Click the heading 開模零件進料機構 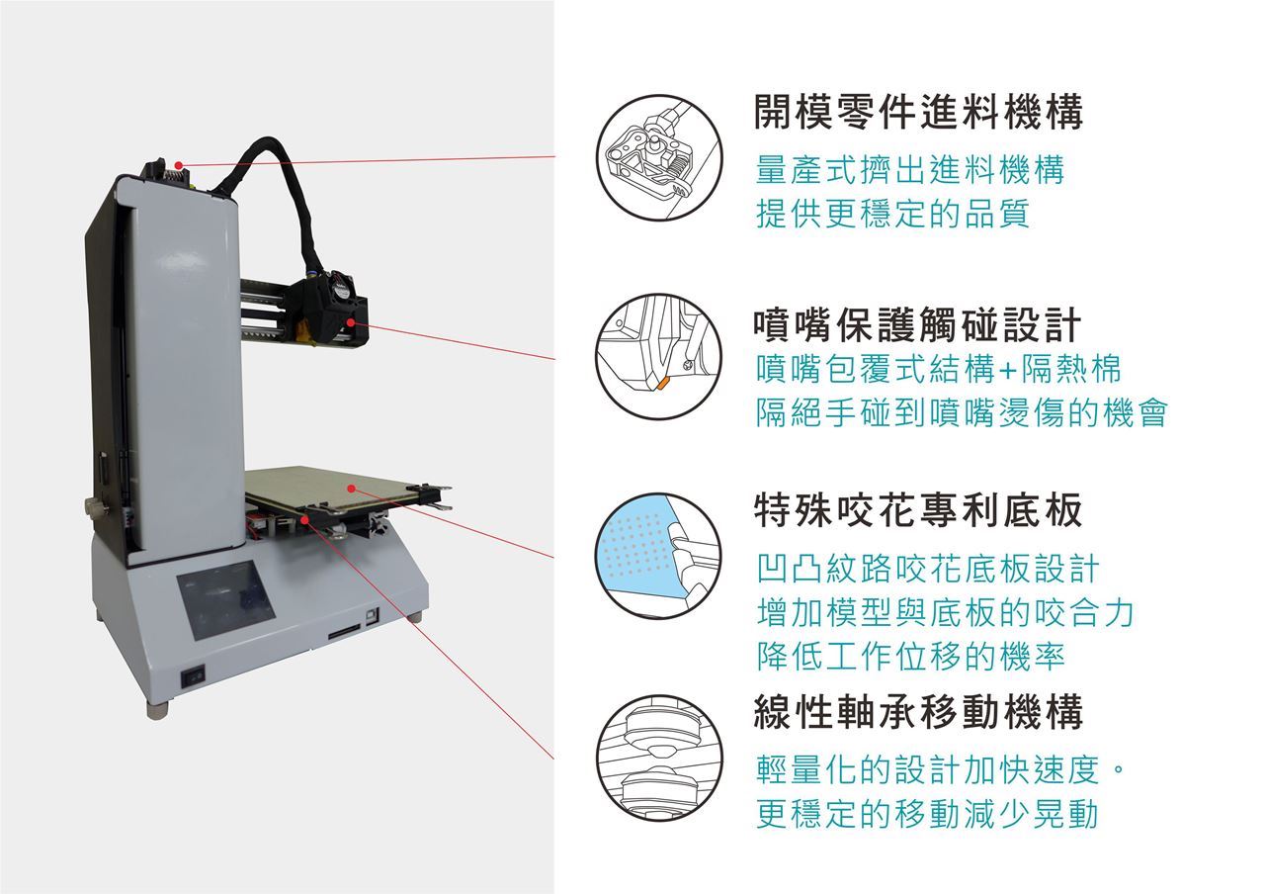tap(918, 112)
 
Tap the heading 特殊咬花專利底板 tap(918, 509)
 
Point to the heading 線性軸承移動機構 tap(918, 712)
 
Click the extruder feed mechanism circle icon tap(659, 157)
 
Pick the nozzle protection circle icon tap(659, 357)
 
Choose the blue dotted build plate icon tap(659, 556)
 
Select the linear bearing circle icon tap(659, 759)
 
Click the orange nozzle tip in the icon tap(662, 384)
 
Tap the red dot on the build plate tap(351, 488)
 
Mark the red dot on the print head tap(351, 322)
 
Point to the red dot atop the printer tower tap(179, 165)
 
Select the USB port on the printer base tap(372, 616)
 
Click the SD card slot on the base tap(345, 632)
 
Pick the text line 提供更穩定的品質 tap(892, 214)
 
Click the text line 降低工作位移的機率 tap(910, 657)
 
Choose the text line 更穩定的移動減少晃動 tap(927, 814)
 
